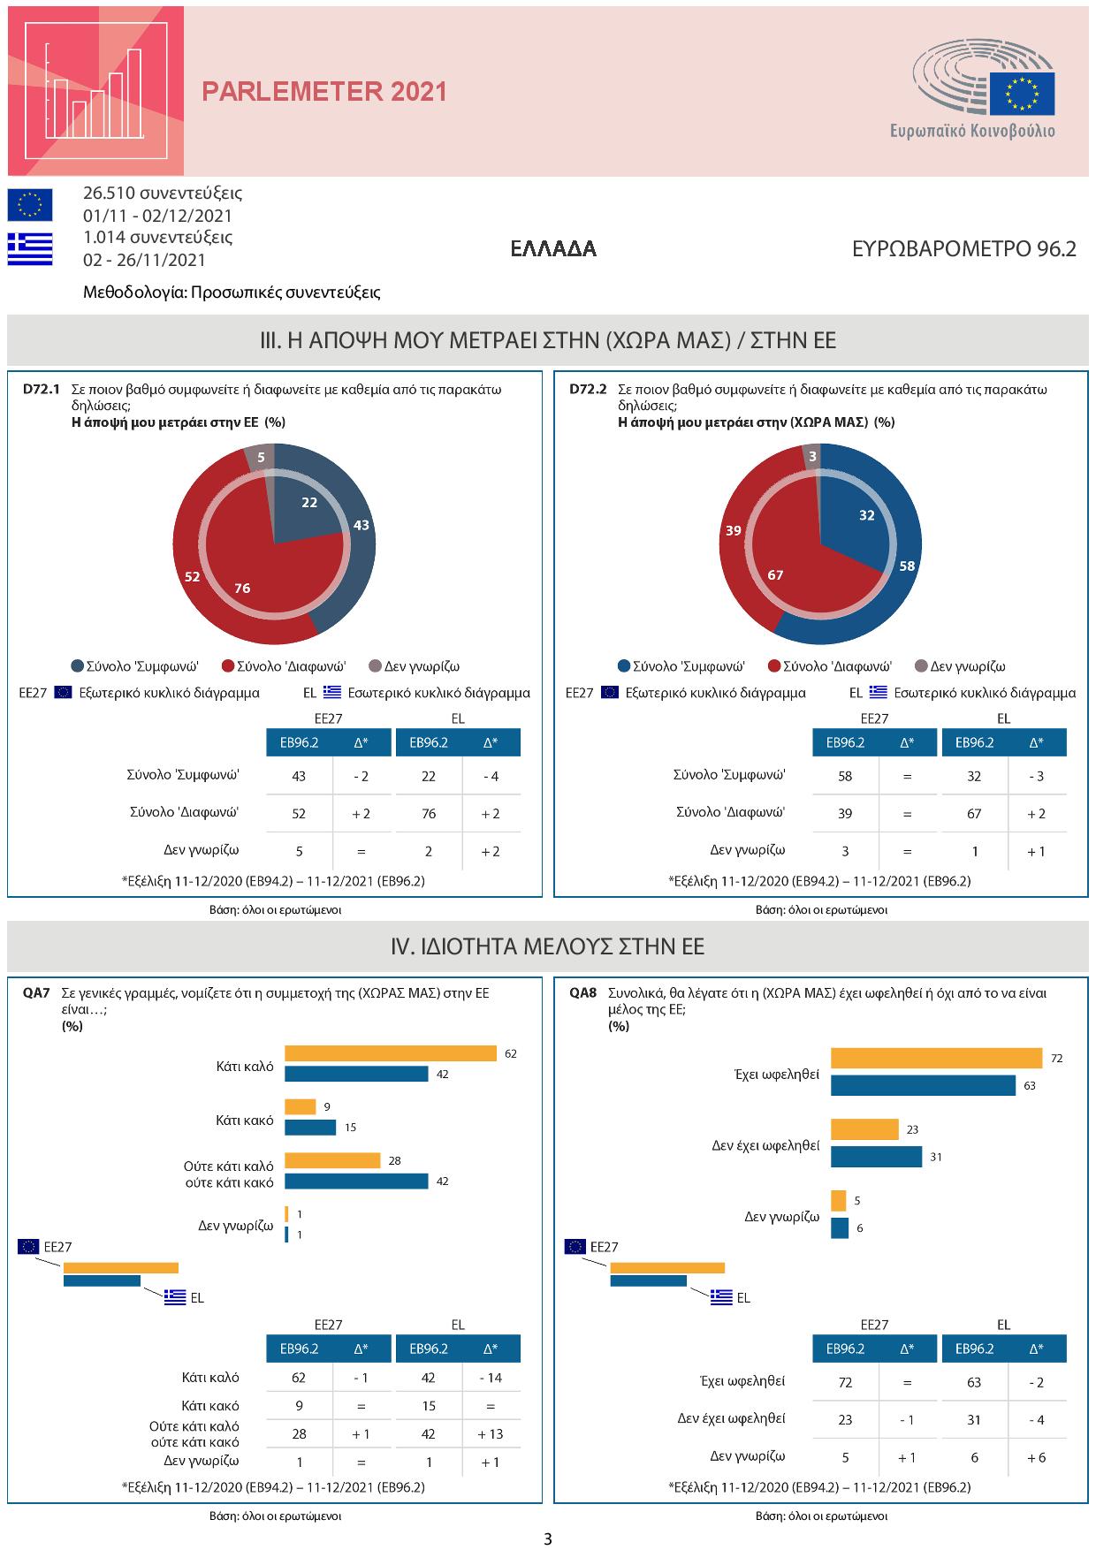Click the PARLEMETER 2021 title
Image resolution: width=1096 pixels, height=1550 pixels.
324,92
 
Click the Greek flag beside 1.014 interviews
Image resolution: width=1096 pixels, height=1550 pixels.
30,248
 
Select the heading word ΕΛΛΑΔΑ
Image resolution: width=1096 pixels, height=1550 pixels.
553,249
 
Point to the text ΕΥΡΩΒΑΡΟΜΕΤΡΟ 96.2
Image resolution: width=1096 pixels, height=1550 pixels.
963,249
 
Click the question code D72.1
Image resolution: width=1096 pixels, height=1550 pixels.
40,389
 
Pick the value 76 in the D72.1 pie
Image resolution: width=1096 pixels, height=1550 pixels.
242,588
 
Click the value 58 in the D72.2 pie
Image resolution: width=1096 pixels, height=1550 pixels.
907,566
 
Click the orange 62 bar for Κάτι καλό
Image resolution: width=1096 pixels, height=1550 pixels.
391,1053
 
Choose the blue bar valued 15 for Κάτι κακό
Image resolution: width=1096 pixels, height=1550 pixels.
310,1128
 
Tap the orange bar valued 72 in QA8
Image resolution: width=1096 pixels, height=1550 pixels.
936,1058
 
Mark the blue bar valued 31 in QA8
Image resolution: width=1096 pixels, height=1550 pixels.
876,1156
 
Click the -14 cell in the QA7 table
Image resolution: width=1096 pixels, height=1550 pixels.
491,1377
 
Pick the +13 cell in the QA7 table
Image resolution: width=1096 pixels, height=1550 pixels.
491,1433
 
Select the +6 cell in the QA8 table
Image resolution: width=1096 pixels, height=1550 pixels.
1036,1457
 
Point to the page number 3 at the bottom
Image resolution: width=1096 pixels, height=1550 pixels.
548,1539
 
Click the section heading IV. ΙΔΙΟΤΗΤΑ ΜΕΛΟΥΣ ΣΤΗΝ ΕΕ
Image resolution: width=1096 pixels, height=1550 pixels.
548,946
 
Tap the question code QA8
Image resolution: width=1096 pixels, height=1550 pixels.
583,993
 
